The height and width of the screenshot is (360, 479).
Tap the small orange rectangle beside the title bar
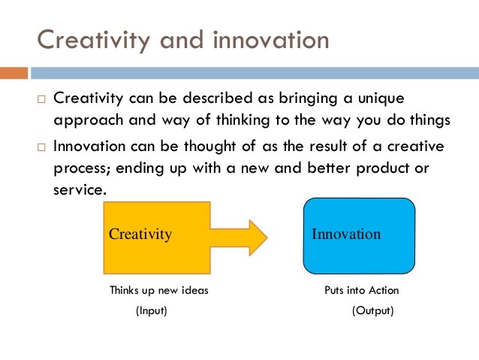pyautogui.click(x=14, y=73)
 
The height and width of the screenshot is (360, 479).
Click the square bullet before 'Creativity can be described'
pyautogui.click(x=42, y=100)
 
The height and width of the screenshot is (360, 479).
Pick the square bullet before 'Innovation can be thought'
pyautogui.click(x=42, y=146)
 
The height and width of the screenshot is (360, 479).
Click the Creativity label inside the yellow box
pyautogui.click(x=140, y=234)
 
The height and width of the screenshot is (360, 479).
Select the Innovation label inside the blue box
pyautogui.click(x=346, y=234)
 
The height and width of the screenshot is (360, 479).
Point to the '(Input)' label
pyautogui.click(x=151, y=310)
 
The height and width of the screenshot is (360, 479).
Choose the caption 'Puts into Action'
pyautogui.click(x=362, y=290)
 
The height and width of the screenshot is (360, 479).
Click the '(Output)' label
pyautogui.click(x=372, y=310)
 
